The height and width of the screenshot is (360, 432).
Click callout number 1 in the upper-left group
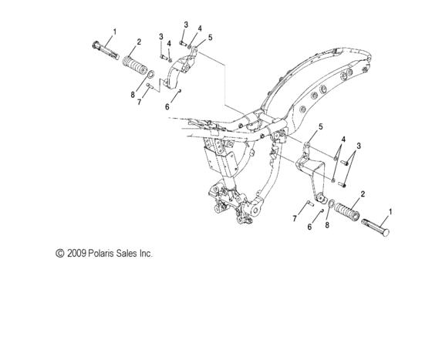(x=115, y=32)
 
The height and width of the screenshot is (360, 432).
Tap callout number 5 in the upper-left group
(x=210, y=37)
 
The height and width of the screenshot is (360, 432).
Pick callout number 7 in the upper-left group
(x=140, y=102)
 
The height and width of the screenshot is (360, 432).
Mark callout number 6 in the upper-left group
(x=167, y=108)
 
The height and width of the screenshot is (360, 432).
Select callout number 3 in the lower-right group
(x=357, y=144)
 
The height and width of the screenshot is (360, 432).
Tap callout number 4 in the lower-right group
(x=343, y=139)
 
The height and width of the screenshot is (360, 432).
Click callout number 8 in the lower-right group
(x=326, y=227)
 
